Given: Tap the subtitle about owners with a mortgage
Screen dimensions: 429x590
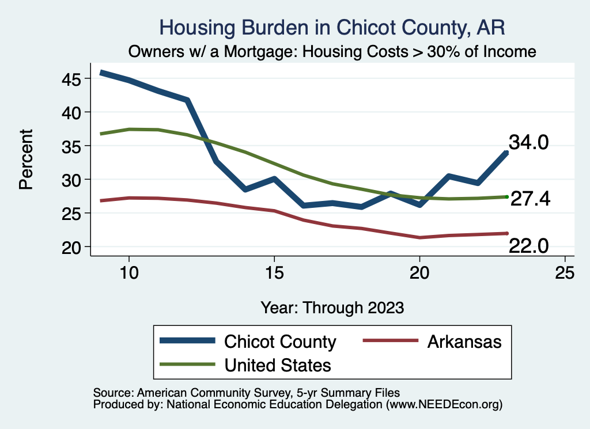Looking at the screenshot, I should (332, 52).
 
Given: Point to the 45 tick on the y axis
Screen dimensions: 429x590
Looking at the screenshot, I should (72, 78).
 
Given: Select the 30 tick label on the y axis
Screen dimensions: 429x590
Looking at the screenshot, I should (72, 180).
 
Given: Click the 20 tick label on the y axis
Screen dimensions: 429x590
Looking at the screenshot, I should (72, 247).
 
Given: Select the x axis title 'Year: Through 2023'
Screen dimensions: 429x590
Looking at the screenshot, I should (332, 307).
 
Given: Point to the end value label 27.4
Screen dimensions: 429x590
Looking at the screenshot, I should (530, 199).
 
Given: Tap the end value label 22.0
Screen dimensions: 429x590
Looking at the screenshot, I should (528, 246).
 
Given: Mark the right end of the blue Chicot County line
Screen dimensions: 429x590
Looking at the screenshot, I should (506, 153).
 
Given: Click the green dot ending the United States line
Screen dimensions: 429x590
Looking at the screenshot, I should (506, 197).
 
